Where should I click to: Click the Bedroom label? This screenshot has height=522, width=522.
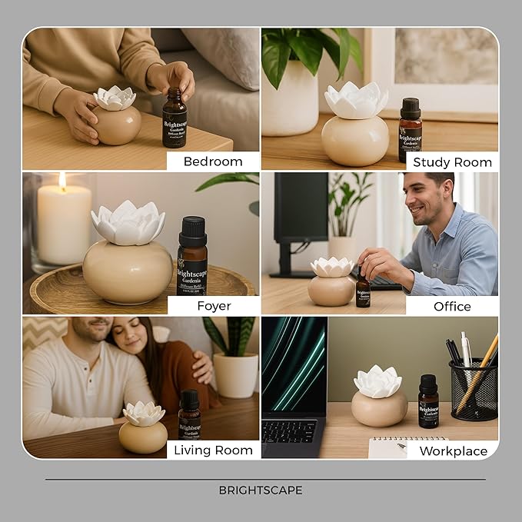(213, 161)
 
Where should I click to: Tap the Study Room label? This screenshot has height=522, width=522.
(452, 161)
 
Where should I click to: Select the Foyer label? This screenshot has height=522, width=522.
(213, 306)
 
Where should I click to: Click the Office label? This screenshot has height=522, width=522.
(452, 306)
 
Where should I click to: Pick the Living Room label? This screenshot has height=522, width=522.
(213, 450)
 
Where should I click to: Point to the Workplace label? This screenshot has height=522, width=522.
(453, 451)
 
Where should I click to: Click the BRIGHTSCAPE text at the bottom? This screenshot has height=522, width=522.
(261, 490)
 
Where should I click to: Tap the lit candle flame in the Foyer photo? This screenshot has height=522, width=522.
(62, 181)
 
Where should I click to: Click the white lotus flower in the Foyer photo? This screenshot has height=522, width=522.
(128, 223)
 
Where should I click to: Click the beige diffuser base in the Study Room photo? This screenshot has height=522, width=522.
(354, 140)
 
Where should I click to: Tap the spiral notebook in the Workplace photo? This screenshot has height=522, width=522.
(396, 447)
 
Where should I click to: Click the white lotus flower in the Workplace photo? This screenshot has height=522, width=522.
(377, 381)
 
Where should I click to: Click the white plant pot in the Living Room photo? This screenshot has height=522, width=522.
(235, 374)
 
